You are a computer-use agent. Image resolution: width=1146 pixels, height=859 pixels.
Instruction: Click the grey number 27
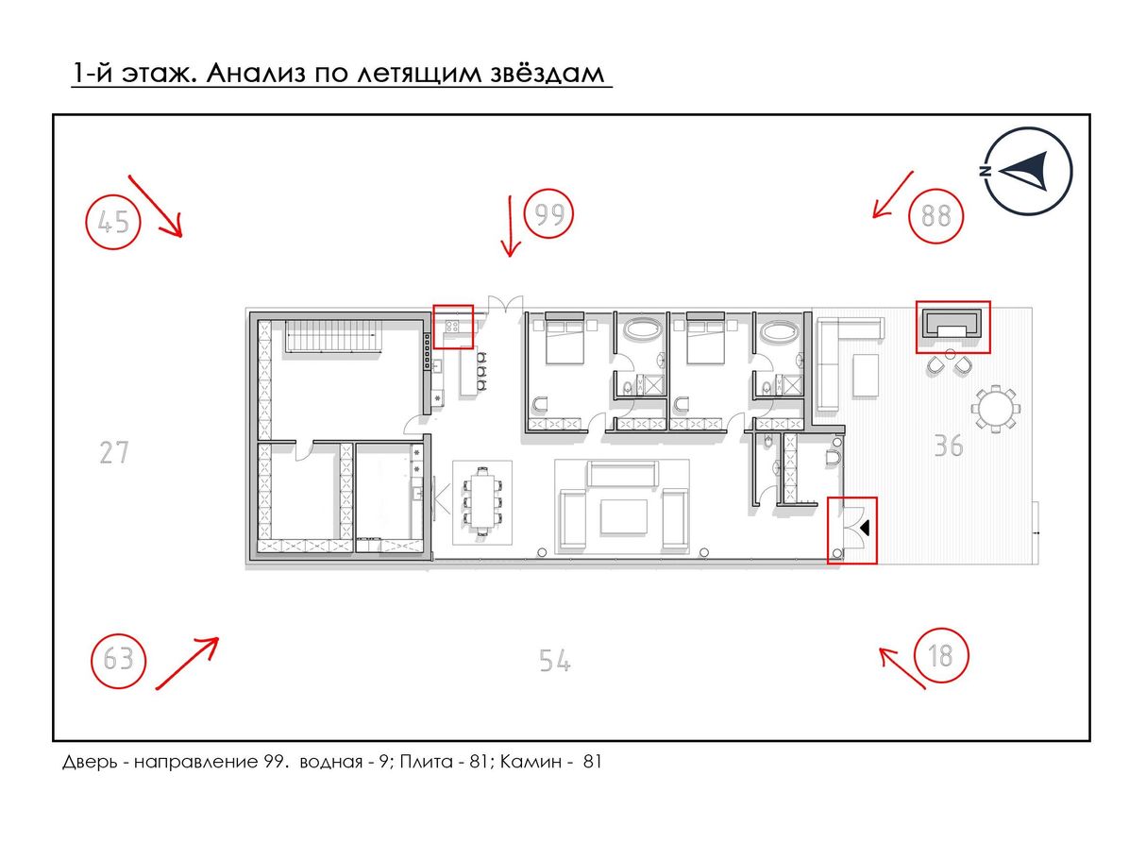click(114, 452)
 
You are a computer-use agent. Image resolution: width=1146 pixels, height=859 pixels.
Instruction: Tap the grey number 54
click(554, 660)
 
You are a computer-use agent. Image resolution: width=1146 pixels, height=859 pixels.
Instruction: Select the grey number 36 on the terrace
click(949, 446)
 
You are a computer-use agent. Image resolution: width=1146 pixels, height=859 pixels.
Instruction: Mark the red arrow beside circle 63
click(187, 663)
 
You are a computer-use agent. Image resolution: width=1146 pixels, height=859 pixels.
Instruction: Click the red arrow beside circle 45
click(156, 206)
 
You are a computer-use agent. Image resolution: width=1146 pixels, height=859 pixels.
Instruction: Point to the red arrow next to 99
click(510, 227)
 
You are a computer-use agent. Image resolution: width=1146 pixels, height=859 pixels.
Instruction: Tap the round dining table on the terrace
click(995, 409)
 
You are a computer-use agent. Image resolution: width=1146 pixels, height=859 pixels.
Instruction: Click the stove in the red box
click(452, 327)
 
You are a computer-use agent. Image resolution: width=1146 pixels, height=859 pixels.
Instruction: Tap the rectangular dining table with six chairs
click(481, 500)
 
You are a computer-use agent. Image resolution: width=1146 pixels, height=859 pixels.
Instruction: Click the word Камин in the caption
click(530, 762)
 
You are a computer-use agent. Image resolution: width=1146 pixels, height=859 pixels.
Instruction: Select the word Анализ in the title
click(256, 73)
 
